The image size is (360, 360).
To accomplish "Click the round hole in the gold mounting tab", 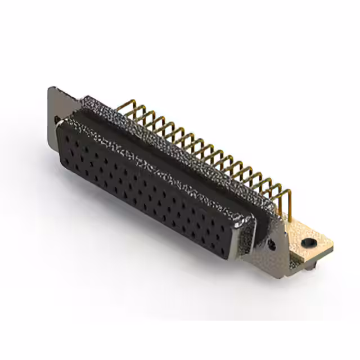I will pyautogui.click(x=308, y=243).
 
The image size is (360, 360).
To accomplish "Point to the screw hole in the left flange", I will pyautogui.click(x=57, y=119).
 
